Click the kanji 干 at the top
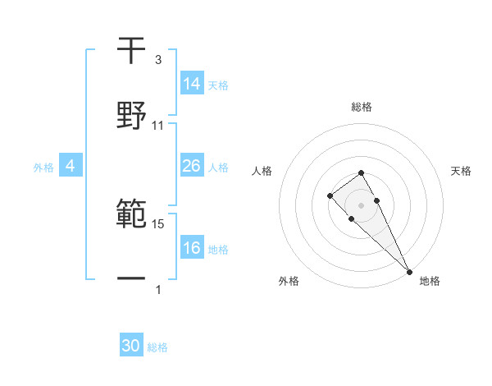pos(132,51)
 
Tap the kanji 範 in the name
pos(132,215)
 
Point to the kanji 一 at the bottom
pos(132,280)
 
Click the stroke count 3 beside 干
pos(158,60)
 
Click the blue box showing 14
pos(192,84)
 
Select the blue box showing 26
pos(192,166)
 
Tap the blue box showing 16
pos(192,248)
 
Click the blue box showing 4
pos(71,166)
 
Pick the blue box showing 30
pos(131,346)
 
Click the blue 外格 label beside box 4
pos(43,167)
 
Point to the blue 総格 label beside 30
pos(157,347)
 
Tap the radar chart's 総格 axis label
pos(362,107)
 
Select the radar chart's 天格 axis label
pos(462,171)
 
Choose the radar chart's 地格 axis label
pos(430,282)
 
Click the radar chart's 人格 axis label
pos(262,171)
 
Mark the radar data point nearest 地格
pos(408,271)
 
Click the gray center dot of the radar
pos(361,205)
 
